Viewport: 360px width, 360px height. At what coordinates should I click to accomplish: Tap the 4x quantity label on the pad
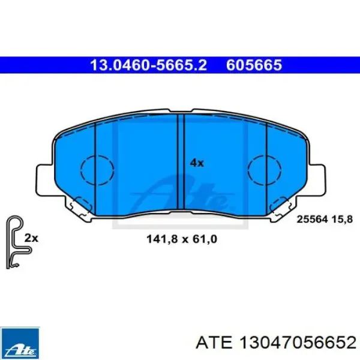click(x=197, y=162)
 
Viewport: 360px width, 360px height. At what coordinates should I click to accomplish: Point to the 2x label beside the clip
click(x=31, y=238)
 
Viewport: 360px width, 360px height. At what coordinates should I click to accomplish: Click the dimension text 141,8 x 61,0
click(x=181, y=239)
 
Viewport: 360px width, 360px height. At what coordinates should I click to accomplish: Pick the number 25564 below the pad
click(x=311, y=220)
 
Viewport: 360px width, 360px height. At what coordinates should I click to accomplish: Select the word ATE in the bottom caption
click(x=208, y=343)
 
